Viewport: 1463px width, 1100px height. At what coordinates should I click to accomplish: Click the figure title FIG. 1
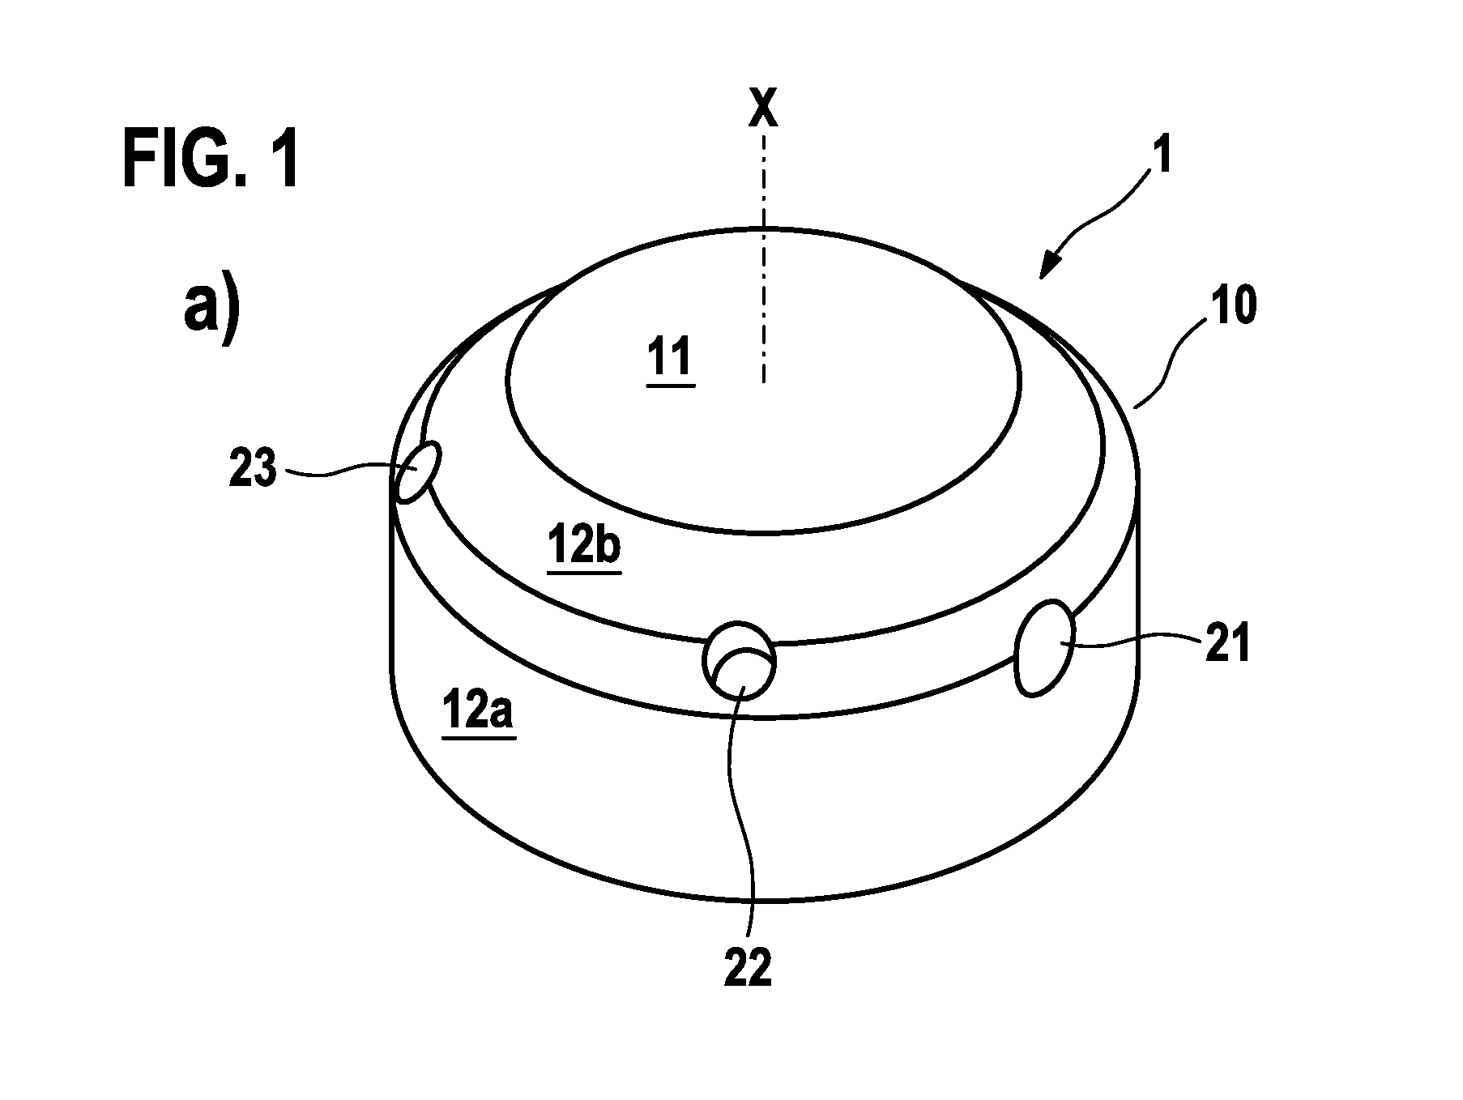coord(211,160)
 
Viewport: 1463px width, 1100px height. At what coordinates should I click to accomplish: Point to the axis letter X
coord(762,107)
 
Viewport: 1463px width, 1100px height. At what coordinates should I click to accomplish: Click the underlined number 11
coord(670,360)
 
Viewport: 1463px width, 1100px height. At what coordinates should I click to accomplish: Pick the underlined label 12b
coord(584,546)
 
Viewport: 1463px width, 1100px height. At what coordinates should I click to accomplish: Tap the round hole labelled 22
coord(739,661)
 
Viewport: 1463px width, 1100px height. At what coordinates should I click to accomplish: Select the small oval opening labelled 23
coord(416,472)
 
